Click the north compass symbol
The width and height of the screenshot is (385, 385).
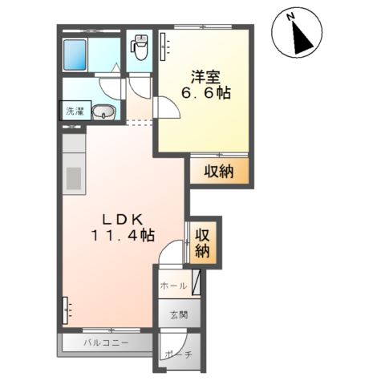coord(298,34)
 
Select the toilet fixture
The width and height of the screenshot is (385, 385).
coord(140,49)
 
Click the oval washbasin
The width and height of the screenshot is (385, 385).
coord(103,113)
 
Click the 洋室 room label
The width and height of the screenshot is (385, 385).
coord(206,78)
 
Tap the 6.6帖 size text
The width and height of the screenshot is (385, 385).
coord(206,94)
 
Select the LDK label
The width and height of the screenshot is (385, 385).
coord(121,218)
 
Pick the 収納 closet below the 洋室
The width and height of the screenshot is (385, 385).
coord(218,170)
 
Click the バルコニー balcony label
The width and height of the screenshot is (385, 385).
coord(104,343)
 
